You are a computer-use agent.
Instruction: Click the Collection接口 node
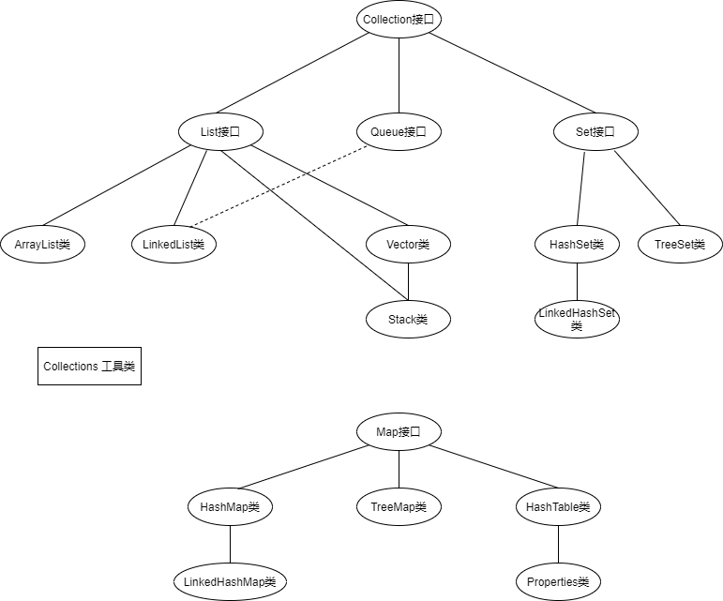(x=399, y=19)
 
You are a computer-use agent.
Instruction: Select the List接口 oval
(x=220, y=132)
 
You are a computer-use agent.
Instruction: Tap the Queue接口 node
(x=399, y=132)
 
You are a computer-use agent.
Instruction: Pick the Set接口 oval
(x=595, y=132)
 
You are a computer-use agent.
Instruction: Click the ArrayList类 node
(x=42, y=245)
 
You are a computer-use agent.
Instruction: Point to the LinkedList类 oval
(x=173, y=245)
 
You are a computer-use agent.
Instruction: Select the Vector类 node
(x=408, y=245)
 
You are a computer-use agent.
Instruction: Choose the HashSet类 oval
(x=577, y=245)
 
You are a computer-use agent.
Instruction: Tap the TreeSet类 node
(x=680, y=245)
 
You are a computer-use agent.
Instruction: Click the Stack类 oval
(x=408, y=320)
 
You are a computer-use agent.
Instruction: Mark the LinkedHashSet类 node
(x=577, y=320)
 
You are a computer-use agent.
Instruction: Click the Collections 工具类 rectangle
(x=89, y=366)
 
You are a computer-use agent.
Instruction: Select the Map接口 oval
(x=399, y=432)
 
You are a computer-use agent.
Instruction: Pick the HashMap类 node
(x=230, y=507)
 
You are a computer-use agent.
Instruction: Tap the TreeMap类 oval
(x=399, y=507)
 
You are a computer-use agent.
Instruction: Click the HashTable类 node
(x=558, y=507)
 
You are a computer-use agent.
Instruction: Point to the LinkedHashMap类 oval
(x=230, y=582)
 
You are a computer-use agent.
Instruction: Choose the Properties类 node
(x=558, y=582)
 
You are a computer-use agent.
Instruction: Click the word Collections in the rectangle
(x=71, y=366)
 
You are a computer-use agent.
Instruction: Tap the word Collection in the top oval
(x=387, y=19)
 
